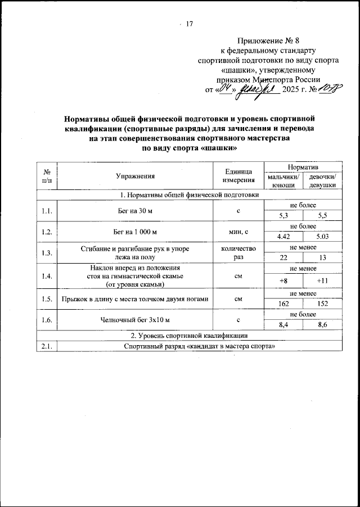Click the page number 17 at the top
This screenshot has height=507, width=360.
point(188,24)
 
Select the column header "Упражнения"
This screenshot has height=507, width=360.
point(135,176)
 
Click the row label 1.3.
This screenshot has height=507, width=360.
point(47,253)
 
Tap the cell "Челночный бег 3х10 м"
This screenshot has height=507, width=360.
point(135,320)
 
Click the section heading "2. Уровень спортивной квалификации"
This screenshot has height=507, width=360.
point(187,336)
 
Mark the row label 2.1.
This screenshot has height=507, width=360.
point(47,346)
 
